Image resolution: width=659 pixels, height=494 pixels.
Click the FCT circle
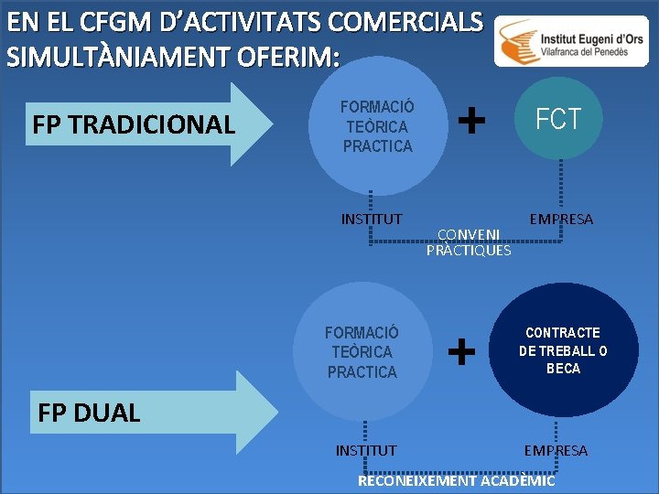click(x=558, y=120)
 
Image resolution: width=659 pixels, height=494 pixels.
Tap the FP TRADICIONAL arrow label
click(x=134, y=125)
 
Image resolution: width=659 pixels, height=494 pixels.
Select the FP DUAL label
click(x=89, y=413)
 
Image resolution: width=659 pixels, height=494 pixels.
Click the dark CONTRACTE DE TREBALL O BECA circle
click(x=563, y=350)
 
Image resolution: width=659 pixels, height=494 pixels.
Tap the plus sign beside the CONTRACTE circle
click(x=463, y=349)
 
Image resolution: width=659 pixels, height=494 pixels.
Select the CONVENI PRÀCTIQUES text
click(x=469, y=242)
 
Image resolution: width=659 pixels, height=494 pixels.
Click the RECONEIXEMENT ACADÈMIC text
click(x=456, y=480)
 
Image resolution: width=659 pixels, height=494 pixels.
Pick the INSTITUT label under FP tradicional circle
click(x=371, y=219)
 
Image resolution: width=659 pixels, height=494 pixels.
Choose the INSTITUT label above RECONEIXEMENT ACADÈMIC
click(x=366, y=450)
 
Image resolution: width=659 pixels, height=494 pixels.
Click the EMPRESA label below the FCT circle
click(x=561, y=220)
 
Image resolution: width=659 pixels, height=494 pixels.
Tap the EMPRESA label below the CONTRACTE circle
click(x=556, y=450)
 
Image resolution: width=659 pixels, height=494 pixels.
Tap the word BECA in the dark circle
click(x=563, y=369)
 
